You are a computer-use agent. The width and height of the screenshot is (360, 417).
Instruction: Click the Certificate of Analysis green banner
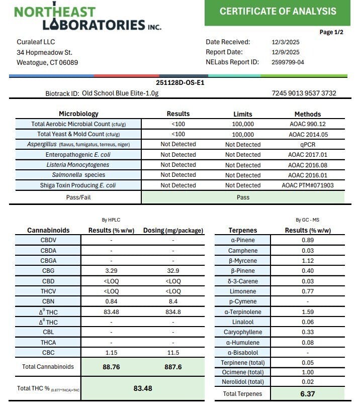(x=278, y=12)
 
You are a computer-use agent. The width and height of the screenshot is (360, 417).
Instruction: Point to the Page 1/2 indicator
(x=331, y=32)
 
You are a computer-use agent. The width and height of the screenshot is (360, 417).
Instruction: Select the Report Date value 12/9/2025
(x=286, y=52)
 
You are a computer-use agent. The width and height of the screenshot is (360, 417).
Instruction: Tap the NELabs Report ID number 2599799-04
(x=288, y=62)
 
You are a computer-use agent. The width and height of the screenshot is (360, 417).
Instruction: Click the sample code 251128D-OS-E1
(x=180, y=82)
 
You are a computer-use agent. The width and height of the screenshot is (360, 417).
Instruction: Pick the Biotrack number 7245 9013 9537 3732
(x=304, y=93)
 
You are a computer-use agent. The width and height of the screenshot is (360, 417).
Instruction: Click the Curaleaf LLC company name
(x=36, y=42)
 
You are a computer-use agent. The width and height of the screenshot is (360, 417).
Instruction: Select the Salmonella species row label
(x=78, y=175)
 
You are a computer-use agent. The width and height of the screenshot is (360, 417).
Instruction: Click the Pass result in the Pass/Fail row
(x=243, y=197)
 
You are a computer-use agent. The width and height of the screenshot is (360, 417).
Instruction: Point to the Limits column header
(x=243, y=114)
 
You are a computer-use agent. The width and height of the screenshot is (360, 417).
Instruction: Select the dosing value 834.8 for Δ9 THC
(x=173, y=312)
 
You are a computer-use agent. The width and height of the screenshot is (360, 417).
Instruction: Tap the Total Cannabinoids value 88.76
(x=111, y=367)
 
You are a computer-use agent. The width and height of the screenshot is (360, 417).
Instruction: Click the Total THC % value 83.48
(x=143, y=388)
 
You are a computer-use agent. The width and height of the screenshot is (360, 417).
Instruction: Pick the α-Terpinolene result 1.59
(x=308, y=312)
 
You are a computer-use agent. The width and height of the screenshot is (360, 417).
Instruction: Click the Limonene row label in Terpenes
(x=243, y=291)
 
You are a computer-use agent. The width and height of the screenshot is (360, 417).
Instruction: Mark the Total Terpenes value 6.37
(x=308, y=394)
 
